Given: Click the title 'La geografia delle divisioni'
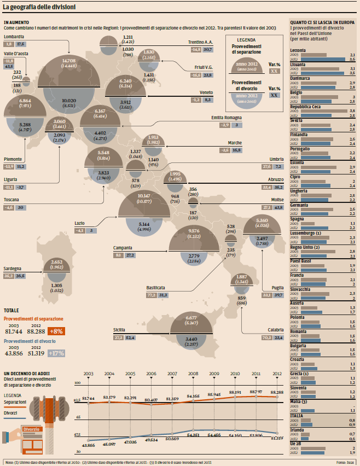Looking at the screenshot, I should [x=39, y=7].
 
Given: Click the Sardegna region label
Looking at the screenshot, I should [x=13, y=269].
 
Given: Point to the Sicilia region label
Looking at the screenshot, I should [x=119, y=330].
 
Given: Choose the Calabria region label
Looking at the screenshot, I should [x=276, y=330].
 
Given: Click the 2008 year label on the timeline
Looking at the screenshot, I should [x=193, y=374].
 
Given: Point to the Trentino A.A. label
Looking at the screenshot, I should [x=200, y=42].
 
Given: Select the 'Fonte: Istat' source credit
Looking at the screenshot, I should [x=346, y=462].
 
